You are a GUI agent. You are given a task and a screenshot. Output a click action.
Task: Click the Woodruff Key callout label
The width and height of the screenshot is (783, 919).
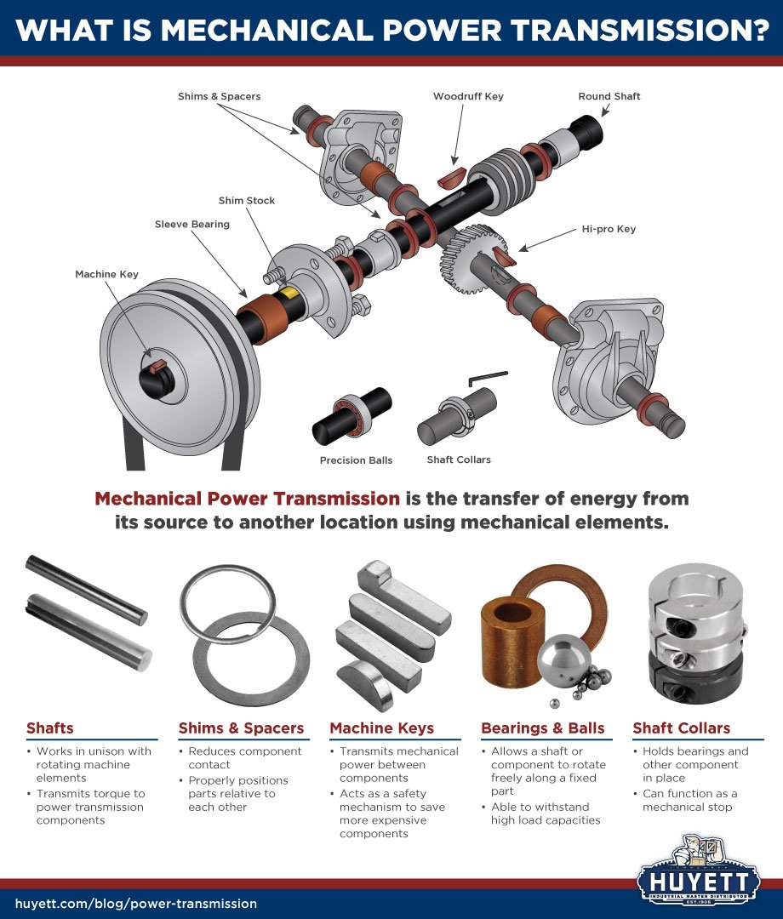coord(468,96)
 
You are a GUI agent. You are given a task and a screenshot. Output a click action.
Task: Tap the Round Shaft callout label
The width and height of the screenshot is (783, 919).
coord(609,96)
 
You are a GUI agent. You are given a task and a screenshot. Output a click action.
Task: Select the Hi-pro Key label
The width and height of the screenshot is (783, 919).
coord(609,229)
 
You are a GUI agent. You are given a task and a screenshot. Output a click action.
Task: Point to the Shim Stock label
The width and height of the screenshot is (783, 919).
coord(248,201)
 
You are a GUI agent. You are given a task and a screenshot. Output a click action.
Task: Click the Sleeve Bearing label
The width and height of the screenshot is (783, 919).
coord(192,225)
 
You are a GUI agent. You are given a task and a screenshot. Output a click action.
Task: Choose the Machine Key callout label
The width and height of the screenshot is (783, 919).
coord(106,274)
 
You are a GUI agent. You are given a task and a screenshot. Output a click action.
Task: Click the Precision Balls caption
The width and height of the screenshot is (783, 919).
coord(356,460)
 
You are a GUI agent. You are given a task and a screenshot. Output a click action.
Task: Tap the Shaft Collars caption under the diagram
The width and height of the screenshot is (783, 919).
coord(459,459)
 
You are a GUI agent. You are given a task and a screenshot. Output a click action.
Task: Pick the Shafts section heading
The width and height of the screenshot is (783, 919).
coord(49,728)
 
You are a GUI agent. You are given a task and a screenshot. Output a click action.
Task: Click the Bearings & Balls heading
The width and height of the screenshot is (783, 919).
coord(542,728)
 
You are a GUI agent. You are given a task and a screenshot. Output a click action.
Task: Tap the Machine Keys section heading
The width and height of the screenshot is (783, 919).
coord(381,728)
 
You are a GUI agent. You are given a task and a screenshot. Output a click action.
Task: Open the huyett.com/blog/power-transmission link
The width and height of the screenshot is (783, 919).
coord(136,904)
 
